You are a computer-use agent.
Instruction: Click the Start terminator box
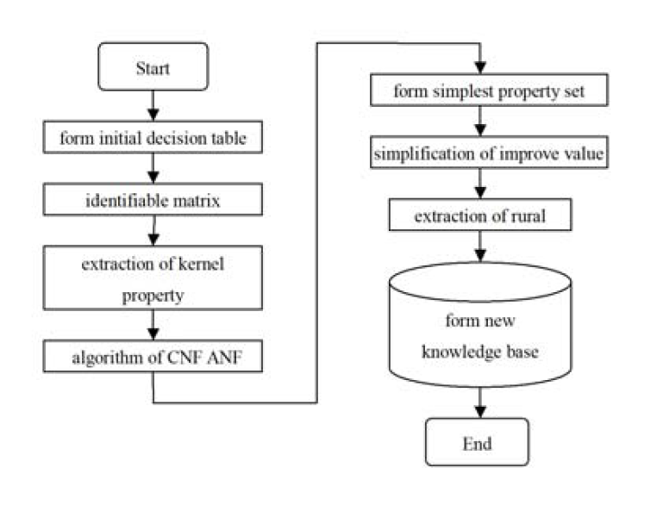click(153, 66)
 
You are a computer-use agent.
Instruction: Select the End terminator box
click(478, 442)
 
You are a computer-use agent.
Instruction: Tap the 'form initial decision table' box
click(153, 136)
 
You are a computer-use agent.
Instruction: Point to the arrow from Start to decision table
click(153, 104)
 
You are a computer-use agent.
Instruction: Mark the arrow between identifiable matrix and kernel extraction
click(153, 231)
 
